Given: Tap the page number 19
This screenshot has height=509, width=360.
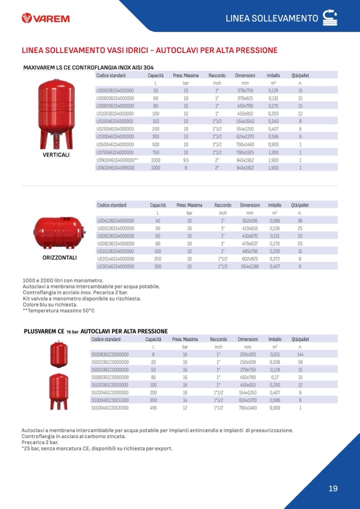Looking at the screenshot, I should point(333,488).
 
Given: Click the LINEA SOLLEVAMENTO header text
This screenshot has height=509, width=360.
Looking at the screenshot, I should point(272,19).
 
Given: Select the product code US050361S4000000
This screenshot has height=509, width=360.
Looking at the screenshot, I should point(115,91).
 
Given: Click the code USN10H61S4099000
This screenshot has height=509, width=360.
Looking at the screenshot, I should point(115,168).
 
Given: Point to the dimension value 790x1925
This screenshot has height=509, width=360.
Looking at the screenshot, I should point(245,152).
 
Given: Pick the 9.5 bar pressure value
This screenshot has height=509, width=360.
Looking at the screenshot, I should point(186,160).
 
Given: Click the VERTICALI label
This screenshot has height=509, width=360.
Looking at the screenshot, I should point(57,155).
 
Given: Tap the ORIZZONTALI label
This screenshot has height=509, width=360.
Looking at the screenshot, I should point(59,257).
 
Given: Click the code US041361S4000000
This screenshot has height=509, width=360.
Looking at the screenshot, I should point(115,221).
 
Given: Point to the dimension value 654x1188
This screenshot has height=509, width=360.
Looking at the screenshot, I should point(250,266).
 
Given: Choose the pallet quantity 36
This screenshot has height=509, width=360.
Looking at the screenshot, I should point(300,221).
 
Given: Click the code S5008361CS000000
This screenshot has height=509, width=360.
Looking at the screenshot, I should point(110,355).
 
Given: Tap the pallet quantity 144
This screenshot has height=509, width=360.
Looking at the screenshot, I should point(300,355).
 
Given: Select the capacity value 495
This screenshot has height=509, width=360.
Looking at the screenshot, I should point(153,408).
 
